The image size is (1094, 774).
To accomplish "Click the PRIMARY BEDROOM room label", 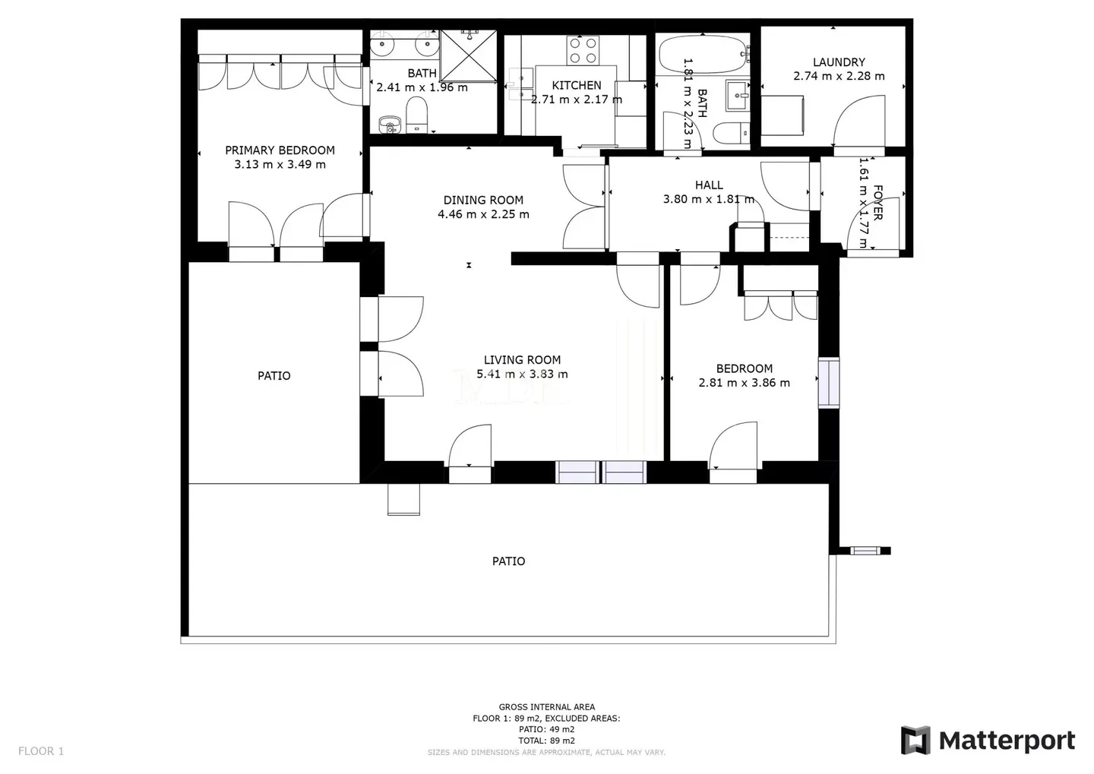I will click(x=280, y=150).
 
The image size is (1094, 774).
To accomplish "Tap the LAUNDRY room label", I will click(x=839, y=62).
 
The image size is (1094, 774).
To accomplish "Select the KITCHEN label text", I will click(x=576, y=85).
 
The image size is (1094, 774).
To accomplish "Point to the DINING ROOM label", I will click(x=483, y=201).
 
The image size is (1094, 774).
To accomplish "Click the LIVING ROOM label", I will click(x=522, y=360).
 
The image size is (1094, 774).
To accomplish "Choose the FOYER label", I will click(x=877, y=203).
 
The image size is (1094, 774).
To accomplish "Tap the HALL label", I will click(x=709, y=185).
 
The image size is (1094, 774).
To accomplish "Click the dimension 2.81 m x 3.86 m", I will click(x=744, y=383).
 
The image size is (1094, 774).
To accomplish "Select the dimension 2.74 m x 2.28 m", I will click(x=839, y=76).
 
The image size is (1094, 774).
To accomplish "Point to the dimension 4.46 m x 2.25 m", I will click(x=483, y=214).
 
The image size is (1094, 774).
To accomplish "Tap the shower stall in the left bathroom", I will click(x=469, y=55).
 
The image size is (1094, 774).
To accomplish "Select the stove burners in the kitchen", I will click(x=583, y=50).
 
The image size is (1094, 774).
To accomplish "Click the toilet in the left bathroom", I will click(x=417, y=118).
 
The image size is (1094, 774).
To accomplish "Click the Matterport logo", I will click(x=988, y=740).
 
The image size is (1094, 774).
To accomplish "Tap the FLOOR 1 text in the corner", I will click(x=41, y=751).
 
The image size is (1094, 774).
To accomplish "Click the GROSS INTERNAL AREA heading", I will click(x=546, y=707).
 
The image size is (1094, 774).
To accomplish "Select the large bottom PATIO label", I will click(x=508, y=561).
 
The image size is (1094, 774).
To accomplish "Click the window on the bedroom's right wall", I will click(x=828, y=383).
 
